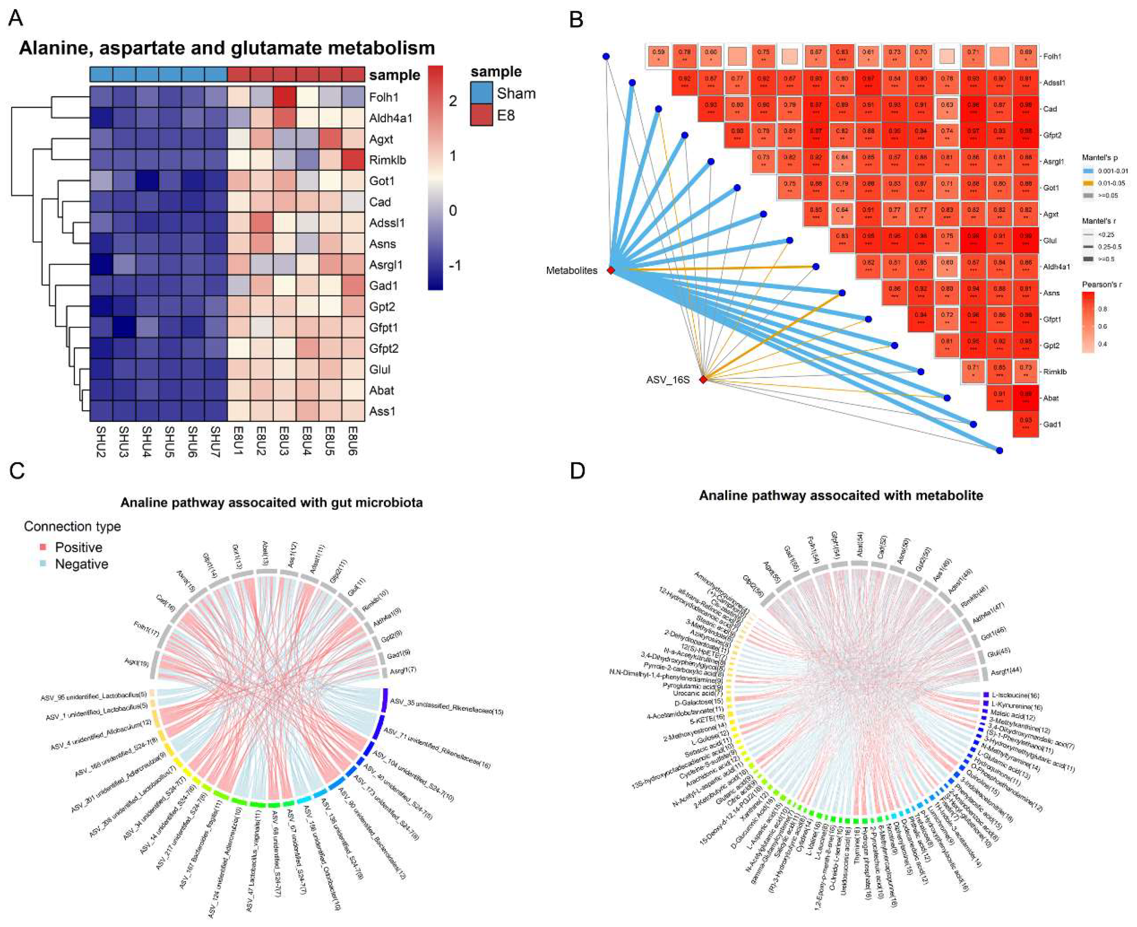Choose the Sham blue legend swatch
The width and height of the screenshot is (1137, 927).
pos(481,93)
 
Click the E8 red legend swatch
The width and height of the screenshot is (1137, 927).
pos(481,115)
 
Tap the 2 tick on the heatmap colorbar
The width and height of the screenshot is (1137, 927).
pos(453,101)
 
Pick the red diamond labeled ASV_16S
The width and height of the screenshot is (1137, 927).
pos(703,380)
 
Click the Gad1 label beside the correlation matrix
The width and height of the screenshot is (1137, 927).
pos(1052,425)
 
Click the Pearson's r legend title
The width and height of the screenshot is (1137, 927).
pos(1101,285)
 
